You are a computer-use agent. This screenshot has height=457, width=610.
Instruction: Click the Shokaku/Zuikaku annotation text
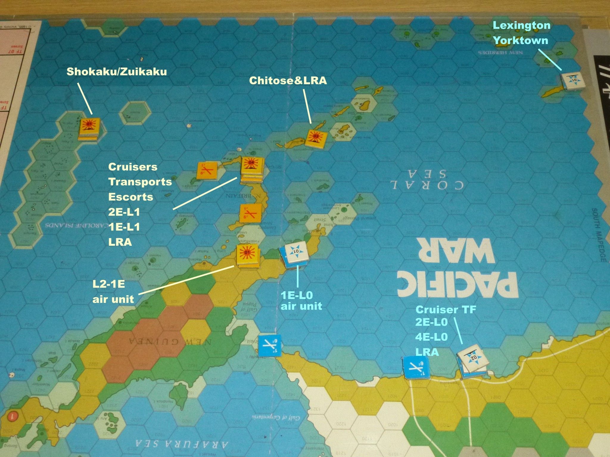tap(116, 72)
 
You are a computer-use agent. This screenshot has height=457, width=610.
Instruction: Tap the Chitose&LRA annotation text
tap(288, 81)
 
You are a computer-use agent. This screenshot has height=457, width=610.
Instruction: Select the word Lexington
tap(522, 25)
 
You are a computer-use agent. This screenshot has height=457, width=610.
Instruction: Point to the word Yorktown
tap(521, 40)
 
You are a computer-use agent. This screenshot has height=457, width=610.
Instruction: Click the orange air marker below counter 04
tap(250, 214)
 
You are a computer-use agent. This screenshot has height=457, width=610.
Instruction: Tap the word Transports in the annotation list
tap(140, 182)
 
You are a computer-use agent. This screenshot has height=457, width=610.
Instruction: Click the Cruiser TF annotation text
tap(446, 310)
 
